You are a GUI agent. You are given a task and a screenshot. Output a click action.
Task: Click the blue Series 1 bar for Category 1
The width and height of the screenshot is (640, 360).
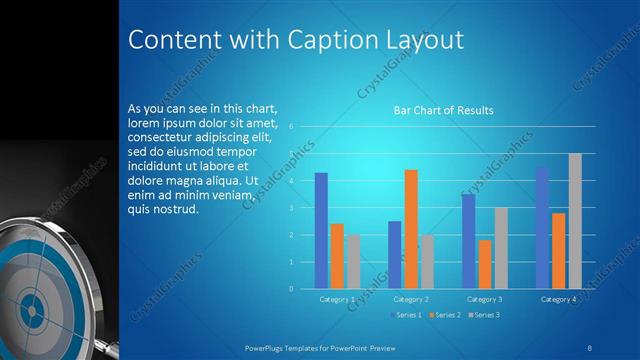pos(321,230)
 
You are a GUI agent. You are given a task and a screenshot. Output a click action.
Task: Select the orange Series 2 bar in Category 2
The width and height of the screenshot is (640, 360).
pos(411,229)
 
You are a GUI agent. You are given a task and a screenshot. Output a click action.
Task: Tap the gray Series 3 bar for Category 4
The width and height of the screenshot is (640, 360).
pos(575,221)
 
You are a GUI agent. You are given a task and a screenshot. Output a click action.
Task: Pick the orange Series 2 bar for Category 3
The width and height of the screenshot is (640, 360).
pos(485,264)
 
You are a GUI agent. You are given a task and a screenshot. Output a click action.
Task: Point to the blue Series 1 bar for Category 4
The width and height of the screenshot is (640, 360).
pos(542,227)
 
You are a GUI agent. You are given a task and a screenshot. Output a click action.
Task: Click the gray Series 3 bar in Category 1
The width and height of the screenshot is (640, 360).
pos(354,261)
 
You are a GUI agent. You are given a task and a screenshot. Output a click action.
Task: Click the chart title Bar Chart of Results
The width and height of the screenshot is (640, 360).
pos(443,110)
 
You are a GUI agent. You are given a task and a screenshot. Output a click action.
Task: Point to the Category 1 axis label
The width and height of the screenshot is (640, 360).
pos(337,299)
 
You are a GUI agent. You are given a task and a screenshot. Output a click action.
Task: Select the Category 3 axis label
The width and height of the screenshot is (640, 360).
pos(485,299)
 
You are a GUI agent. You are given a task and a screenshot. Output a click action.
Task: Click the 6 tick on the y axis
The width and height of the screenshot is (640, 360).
pos(290,127)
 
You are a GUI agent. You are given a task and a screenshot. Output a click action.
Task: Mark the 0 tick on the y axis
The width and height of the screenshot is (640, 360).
pos(290,288)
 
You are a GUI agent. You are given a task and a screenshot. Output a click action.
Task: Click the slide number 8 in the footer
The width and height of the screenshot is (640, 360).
pos(590,346)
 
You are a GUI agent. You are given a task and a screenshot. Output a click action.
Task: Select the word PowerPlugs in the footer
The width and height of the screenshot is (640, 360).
pos(268,346)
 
